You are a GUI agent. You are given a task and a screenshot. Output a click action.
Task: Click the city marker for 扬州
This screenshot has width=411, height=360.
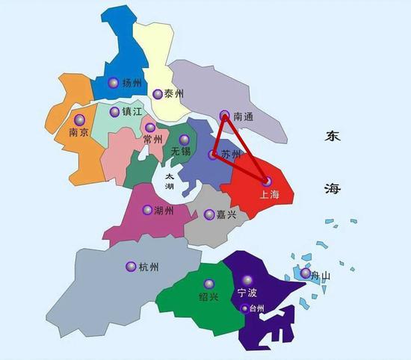(113, 83)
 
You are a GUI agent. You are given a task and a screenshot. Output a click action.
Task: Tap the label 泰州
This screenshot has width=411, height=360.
(174, 94)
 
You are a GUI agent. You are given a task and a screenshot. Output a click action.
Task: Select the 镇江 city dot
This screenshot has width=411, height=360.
(114, 112)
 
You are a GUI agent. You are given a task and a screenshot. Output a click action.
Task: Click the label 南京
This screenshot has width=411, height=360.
(79, 133)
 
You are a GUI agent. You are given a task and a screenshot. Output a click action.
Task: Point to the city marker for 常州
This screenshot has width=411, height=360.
(150, 128)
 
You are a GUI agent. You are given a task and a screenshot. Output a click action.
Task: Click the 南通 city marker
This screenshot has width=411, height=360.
(225, 116)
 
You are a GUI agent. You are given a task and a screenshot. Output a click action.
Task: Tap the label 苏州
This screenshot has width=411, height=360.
(232, 155)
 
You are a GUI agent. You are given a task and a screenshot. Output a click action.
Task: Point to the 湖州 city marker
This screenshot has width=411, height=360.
(147, 210)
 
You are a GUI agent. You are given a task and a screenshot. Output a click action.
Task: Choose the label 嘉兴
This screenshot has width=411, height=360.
(226, 215)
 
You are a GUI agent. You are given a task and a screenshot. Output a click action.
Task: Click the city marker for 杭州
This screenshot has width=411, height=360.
(131, 266)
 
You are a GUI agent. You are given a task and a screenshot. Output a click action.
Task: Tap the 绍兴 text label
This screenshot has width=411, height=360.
(209, 297)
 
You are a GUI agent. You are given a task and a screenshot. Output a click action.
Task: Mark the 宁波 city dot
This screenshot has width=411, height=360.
(247, 280)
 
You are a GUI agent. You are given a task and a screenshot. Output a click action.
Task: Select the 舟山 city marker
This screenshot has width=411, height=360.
(305, 273)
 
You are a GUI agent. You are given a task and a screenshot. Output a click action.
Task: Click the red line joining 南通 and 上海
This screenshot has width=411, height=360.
(246, 149)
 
